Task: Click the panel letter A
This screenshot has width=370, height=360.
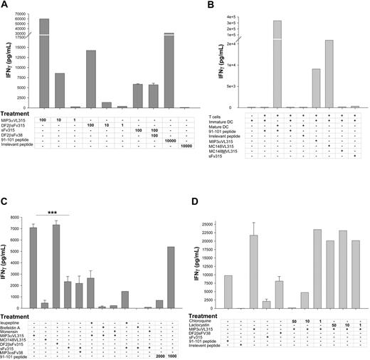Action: coord(6,5)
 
